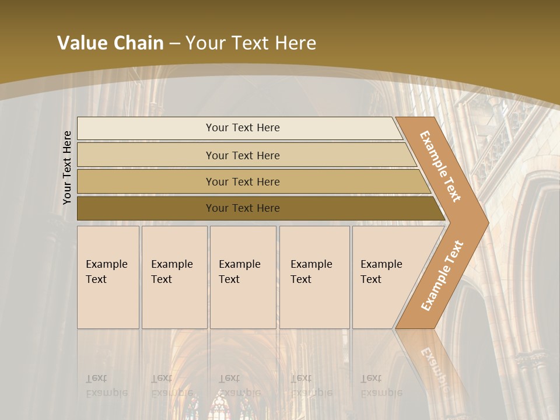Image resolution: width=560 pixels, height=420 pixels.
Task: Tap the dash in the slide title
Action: pyautogui.click(x=174, y=44)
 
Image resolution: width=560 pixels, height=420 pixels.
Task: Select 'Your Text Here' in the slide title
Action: pyautogui.click(x=251, y=43)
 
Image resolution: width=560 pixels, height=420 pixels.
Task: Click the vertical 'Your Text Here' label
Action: pyautogui.click(x=67, y=167)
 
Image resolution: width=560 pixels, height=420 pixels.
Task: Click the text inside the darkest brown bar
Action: pyautogui.click(x=243, y=208)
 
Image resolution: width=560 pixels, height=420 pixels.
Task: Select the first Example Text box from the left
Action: pyautogui.click(x=108, y=277)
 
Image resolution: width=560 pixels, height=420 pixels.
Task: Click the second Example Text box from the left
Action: pyautogui.click(x=174, y=277)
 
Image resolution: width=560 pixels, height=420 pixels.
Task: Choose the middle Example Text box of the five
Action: pyautogui.click(x=243, y=277)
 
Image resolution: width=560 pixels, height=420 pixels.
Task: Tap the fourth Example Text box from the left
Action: pyautogui.click(x=314, y=277)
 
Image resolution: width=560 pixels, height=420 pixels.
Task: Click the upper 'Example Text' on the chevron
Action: pyautogui.click(x=440, y=166)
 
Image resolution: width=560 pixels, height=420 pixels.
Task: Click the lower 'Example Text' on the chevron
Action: pyautogui.click(x=442, y=275)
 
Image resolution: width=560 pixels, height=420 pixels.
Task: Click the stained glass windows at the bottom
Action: pyautogui.click(x=228, y=408)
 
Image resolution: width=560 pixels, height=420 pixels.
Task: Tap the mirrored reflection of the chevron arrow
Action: pyautogui.click(x=432, y=362)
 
